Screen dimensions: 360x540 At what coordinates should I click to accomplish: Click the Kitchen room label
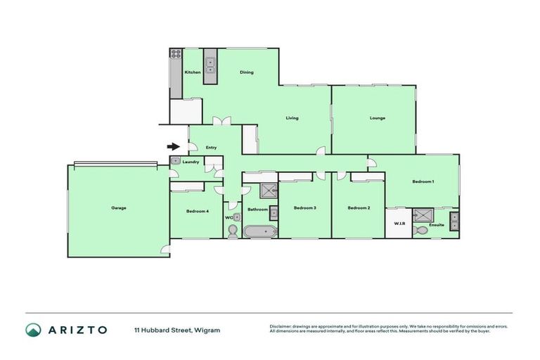(x=193, y=72)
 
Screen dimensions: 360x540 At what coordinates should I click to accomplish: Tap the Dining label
(x=246, y=72)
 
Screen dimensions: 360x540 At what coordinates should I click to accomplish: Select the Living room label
(x=292, y=118)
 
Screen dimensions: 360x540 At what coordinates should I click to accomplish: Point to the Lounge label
(x=378, y=118)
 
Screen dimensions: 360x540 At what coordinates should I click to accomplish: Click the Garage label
(x=118, y=208)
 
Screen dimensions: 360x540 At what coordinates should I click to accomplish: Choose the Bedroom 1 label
(x=423, y=182)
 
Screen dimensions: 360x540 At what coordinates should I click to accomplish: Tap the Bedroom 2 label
(x=359, y=208)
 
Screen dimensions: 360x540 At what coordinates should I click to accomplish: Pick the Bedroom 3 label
(x=304, y=208)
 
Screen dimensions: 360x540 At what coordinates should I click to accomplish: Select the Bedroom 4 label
(x=197, y=211)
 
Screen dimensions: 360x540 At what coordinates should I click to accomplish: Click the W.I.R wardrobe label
(x=398, y=224)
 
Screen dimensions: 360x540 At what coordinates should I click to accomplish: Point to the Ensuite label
(x=437, y=224)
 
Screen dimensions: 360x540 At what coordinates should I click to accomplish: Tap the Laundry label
(x=191, y=162)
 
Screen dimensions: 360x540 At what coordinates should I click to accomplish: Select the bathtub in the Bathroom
(x=259, y=231)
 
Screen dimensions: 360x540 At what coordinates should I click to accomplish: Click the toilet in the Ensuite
(x=422, y=230)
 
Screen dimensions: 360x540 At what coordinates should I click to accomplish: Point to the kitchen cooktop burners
(x=174, y=53)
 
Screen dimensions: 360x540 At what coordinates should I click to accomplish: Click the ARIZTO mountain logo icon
(x=33, y=330)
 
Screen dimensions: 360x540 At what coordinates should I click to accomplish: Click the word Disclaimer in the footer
(x=282, y=326)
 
